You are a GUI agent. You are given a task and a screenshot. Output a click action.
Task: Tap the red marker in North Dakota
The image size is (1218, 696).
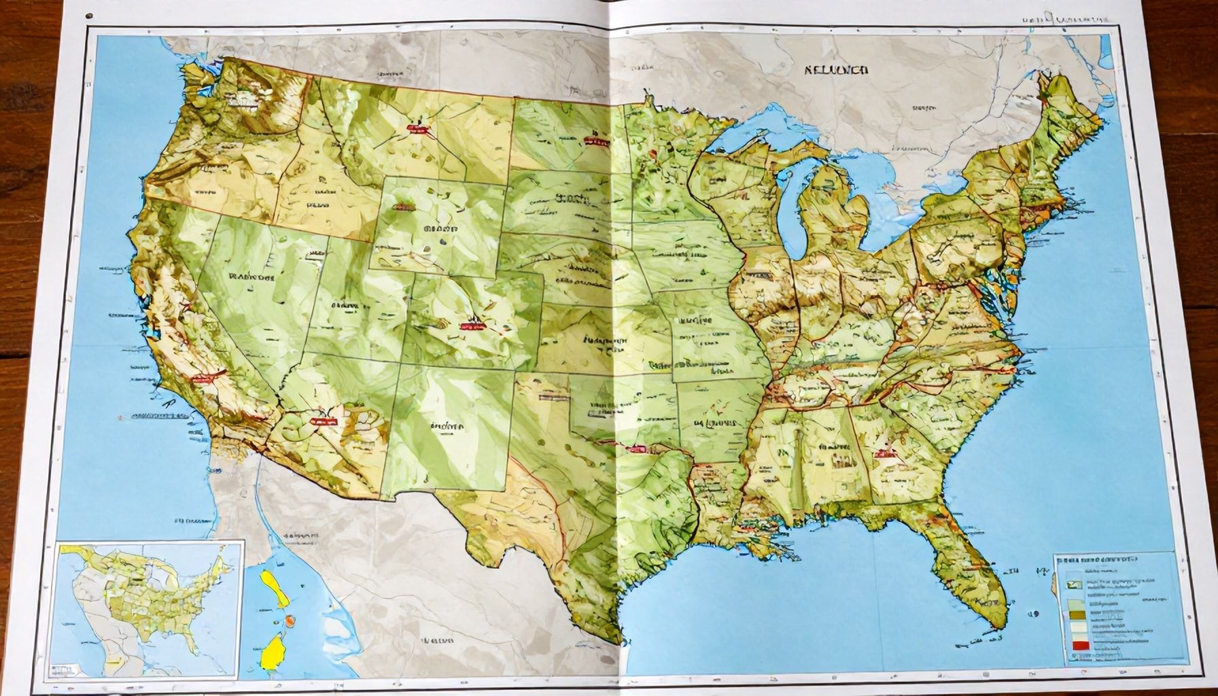(x=595, y=142)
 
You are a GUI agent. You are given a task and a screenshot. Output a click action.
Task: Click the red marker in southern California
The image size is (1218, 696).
(x=203, y=378)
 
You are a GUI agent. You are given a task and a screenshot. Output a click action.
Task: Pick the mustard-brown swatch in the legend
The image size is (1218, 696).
(x=1079, y=615)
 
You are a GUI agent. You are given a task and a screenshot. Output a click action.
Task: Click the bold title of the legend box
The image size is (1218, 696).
(x=1096, y=559)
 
